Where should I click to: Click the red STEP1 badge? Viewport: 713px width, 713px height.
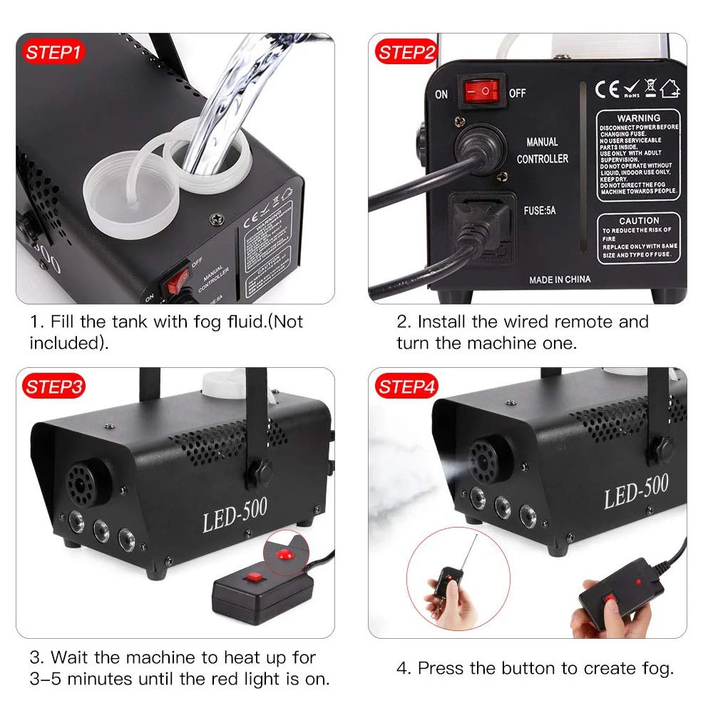[54, 52]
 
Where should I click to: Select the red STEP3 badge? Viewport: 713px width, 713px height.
[54, 387]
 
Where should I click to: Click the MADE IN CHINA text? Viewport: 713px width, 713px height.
[560, 279]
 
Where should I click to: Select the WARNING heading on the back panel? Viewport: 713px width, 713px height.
[638, 118]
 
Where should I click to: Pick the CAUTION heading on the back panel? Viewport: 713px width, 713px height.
[638, 221]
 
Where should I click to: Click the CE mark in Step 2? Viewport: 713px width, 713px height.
[607, 90]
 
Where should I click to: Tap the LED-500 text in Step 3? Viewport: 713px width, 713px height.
[235, 515]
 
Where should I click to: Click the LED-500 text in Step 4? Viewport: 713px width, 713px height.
[636, 492]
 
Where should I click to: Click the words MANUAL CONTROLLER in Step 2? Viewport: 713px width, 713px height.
[543, 150]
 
